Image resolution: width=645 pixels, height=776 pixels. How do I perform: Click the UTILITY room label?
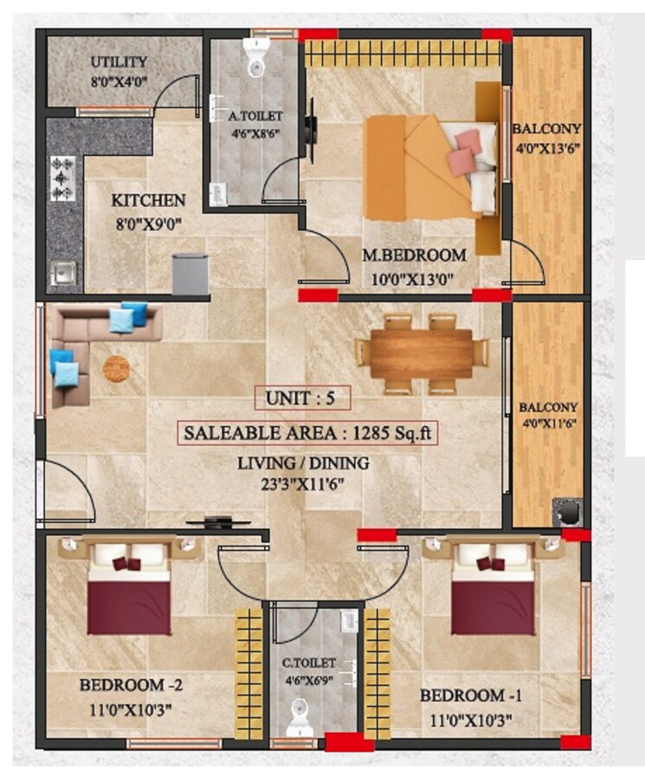(x=119, y=62)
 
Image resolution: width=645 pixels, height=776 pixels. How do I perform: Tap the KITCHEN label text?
(x=148, y=201)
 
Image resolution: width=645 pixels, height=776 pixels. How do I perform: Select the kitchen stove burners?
(x=62, y=178)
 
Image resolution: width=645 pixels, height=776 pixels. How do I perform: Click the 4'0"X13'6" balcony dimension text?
(x=545, y=147)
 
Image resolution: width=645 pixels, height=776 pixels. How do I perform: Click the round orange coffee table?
(x=116, y=368)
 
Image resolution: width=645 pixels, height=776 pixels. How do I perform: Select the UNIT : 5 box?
(x=302, y=398)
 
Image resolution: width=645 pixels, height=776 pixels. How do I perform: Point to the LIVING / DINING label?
(x=303, y=463)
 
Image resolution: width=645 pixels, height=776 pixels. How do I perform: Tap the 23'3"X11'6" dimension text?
(x=303, y=484)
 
